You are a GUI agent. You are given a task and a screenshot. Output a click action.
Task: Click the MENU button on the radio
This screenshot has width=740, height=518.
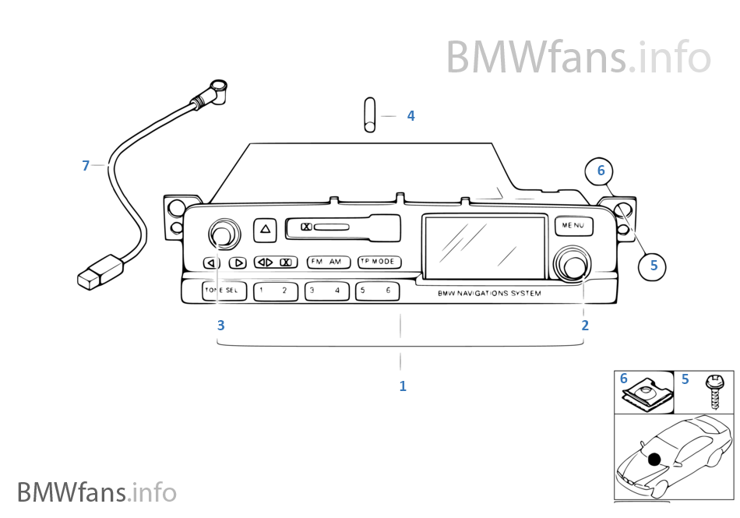point(573,226)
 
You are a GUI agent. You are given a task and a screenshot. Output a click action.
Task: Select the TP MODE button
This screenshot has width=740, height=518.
point(378,262)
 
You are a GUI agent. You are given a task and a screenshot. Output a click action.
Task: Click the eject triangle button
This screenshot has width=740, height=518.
point(266,230)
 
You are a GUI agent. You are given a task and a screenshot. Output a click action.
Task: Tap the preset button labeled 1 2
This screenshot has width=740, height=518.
point(273,291)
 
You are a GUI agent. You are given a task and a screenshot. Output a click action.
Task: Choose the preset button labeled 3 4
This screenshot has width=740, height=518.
point(326,291)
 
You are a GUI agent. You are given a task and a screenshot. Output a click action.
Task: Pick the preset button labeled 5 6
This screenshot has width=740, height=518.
point(377,291)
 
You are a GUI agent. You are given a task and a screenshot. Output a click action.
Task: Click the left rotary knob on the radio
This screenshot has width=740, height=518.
point(221,234)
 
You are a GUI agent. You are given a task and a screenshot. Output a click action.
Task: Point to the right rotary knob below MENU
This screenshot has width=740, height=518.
point(573,266)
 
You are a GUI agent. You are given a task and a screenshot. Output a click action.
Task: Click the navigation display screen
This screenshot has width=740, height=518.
point(484,245)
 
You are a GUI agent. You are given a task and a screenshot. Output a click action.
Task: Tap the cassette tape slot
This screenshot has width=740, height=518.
point(344,227)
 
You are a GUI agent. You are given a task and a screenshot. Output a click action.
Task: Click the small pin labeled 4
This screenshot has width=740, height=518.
point(369,115)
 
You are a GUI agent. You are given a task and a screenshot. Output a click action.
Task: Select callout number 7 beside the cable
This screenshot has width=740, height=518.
point(86,165)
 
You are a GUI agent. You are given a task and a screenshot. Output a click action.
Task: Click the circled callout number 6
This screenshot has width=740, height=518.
point(601,171)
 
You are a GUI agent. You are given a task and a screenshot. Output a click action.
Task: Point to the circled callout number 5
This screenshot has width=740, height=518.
point(653,266)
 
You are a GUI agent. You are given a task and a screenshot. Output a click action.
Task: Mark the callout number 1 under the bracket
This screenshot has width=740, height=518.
point(402,386)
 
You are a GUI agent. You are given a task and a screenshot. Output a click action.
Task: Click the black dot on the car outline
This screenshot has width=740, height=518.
point(654,459)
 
